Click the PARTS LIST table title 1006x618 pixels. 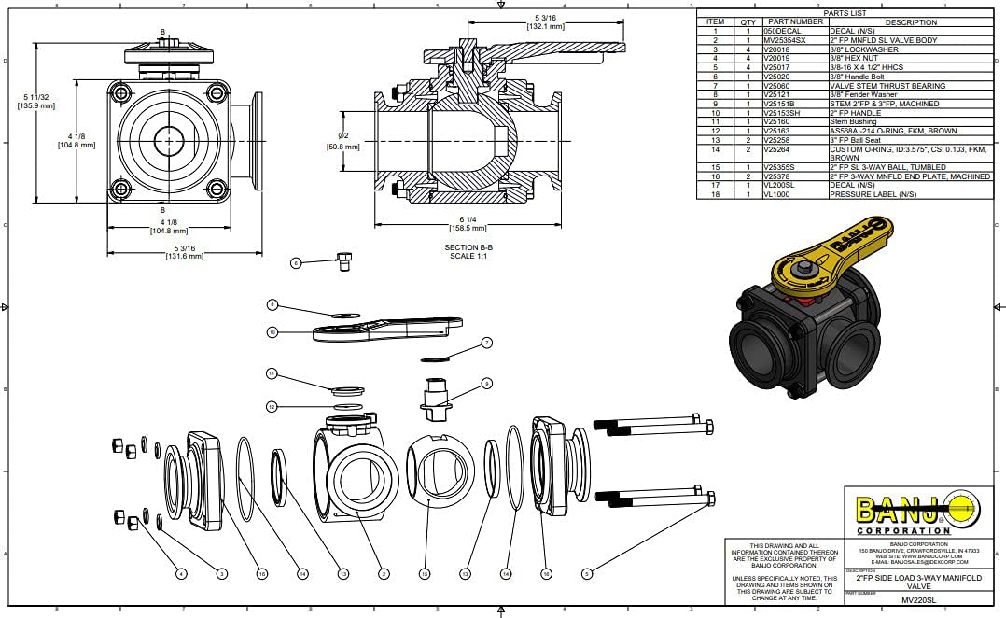click(x=846, y=13)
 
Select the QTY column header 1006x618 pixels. click(x=748, y=21)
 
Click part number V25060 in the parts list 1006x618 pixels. click(x=776, y=85)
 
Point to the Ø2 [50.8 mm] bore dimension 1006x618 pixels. click(x=342, y=141)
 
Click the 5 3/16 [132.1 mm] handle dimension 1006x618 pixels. click(x=547, y=22)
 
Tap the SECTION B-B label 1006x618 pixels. click(x=468, y=247)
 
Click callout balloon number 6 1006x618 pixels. click(x=297, y=263)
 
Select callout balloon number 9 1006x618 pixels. click(x=486, y=383)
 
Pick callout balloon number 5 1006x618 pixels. click(x=586, y=573)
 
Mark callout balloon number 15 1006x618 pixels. click(x=425, y=573)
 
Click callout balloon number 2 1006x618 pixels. click(x=384, y=573)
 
